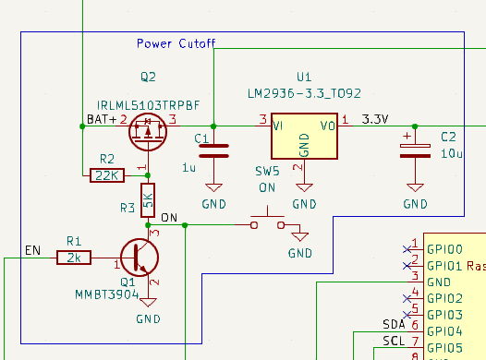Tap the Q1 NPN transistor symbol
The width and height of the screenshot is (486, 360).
click(140, 258)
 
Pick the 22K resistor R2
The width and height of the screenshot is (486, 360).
click(107, 174)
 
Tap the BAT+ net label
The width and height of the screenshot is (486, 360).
click(102, 120)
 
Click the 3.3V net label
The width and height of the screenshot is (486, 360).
click(376, 120)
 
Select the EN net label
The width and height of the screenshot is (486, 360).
click(32, 250)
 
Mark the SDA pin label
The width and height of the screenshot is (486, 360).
click(394, 325)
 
